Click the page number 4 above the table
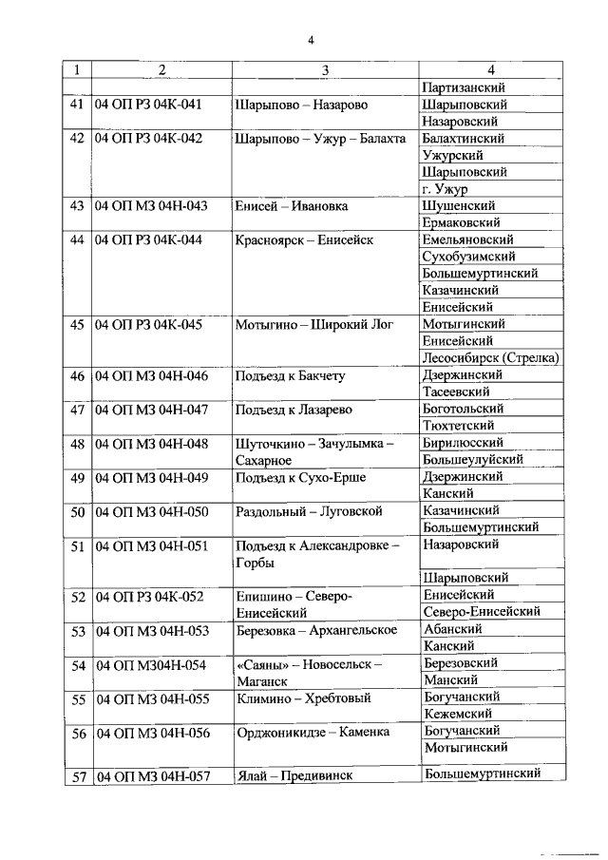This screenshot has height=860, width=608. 310,39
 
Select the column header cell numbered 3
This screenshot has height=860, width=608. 325,69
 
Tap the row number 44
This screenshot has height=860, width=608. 77,240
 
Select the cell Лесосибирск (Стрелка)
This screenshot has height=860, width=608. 490,358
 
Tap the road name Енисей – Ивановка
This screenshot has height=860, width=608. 292,206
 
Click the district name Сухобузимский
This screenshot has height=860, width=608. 469,257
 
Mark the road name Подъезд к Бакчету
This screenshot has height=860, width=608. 290,376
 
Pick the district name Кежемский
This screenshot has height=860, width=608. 457,713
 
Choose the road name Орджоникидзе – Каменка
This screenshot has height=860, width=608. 313,733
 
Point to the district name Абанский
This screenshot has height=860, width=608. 452,629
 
